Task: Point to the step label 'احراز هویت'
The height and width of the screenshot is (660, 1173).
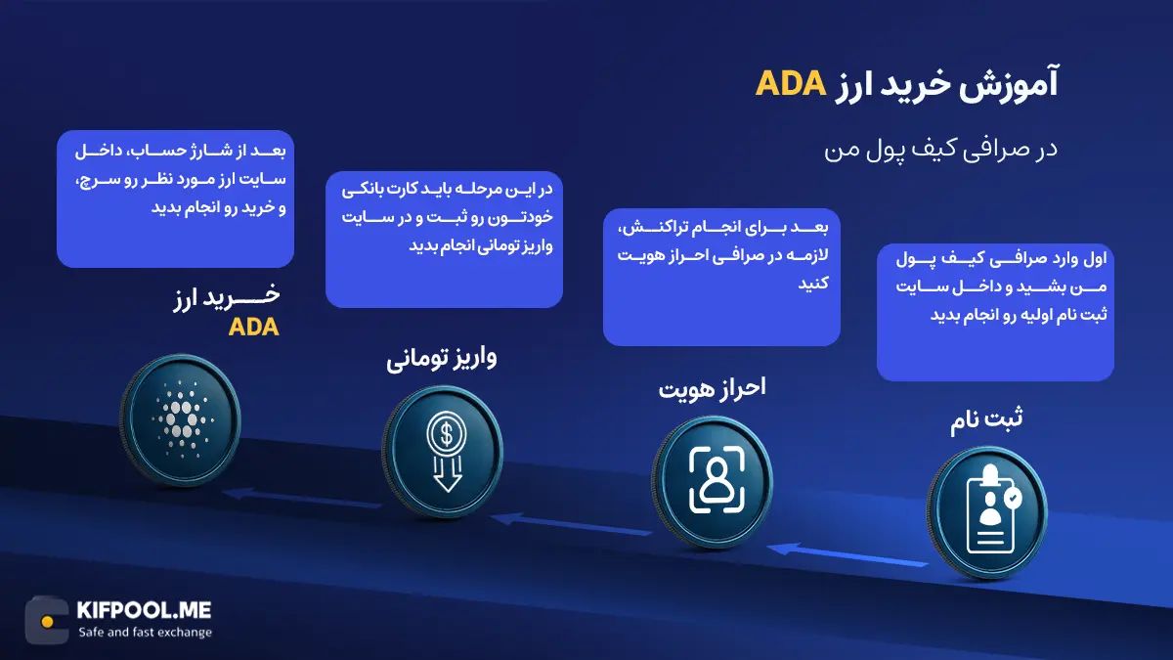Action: [712, 388]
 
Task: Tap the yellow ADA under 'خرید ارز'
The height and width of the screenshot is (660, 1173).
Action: [254, 329]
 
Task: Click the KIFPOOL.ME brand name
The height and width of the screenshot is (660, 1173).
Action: [143, 611]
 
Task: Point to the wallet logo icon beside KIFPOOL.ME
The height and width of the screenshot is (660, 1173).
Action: [46, 620]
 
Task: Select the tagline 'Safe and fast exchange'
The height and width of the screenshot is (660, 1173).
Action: [145, 633]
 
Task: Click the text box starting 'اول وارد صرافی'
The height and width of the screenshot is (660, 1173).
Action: [995, 313]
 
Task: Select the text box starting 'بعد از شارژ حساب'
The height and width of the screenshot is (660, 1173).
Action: [175, 198]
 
